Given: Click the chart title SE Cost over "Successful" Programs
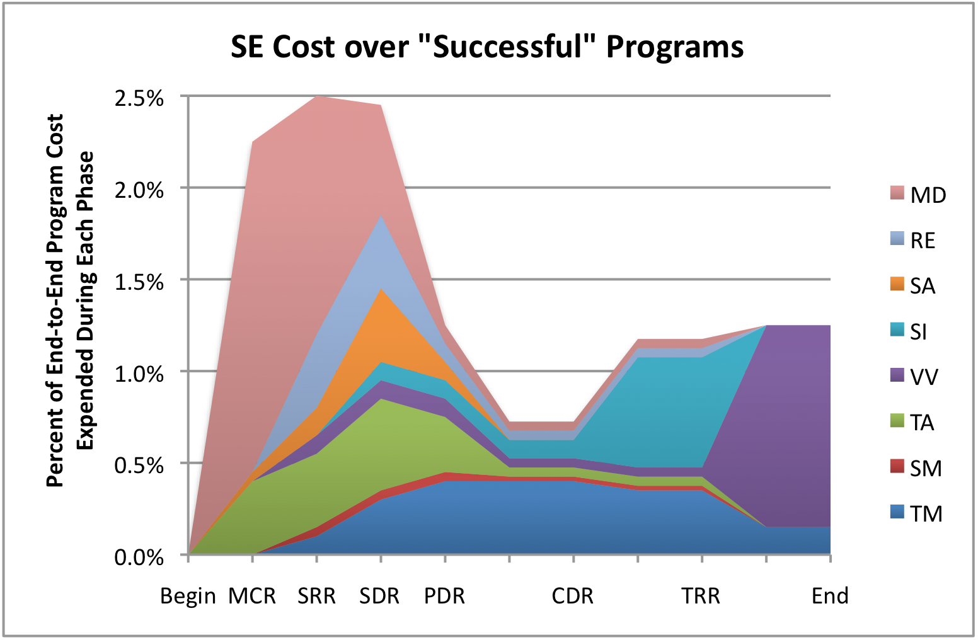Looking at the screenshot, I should tap(486, 47).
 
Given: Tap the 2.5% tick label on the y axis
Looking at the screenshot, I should tap(139, 98).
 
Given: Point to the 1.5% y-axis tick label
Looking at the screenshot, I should tap(139, 282).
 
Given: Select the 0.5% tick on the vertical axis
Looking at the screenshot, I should tap(139, 466).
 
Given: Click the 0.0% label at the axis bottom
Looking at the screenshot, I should tap(139, 557).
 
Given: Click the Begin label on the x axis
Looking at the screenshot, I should tap(188, 596).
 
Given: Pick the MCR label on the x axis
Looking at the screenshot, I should tap(252, 596).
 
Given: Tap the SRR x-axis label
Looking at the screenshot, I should tap(316, 596).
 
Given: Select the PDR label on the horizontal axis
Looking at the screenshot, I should tap(444, 596).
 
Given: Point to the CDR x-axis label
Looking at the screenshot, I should tap(572, 596).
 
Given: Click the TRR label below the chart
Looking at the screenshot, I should tap(700, 596).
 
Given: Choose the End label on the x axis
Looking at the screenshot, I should tap(830, 596).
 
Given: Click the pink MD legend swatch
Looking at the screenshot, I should tap(897, 193).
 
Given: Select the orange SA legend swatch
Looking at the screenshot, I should tap(897, 284).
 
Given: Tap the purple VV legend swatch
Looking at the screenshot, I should tap(897, 375).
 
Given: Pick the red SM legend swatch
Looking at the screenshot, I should tap(897, 467).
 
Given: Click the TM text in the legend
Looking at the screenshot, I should tap(926, 514).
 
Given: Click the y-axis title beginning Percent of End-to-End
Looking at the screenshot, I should tap(69, 300).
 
